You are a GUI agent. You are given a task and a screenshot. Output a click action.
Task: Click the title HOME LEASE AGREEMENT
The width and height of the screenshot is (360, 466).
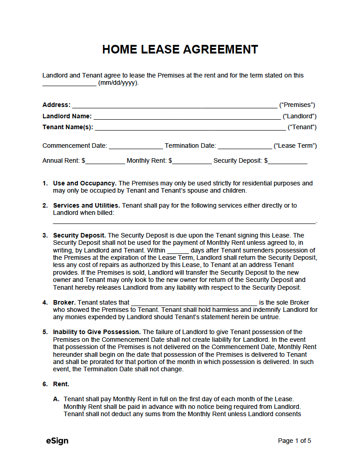click(x=180, y=49)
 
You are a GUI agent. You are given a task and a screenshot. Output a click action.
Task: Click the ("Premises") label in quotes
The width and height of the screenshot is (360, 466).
click(x=297, y=105)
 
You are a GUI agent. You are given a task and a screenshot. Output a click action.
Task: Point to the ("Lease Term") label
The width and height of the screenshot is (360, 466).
click(x=295, y=146)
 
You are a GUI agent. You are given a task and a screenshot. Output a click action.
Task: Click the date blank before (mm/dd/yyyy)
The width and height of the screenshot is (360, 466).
click(x=69, y=84)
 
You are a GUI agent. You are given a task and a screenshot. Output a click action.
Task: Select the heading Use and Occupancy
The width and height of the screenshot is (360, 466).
click(x=85, y=184)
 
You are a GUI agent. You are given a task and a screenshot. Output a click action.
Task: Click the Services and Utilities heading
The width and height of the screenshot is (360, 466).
click(x=87, y=205)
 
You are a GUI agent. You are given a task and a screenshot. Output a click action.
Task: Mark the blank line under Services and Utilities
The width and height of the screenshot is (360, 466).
click(x=184, y=221)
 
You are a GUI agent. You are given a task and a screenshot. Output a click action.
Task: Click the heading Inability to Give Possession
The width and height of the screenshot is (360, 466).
click(x=97, y=332)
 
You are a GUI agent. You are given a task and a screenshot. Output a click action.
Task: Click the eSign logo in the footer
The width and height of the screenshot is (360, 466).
click(x=57, y=441)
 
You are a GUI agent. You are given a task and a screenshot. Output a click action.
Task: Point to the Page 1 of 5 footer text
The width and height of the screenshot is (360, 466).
click(x=294, y=441)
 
